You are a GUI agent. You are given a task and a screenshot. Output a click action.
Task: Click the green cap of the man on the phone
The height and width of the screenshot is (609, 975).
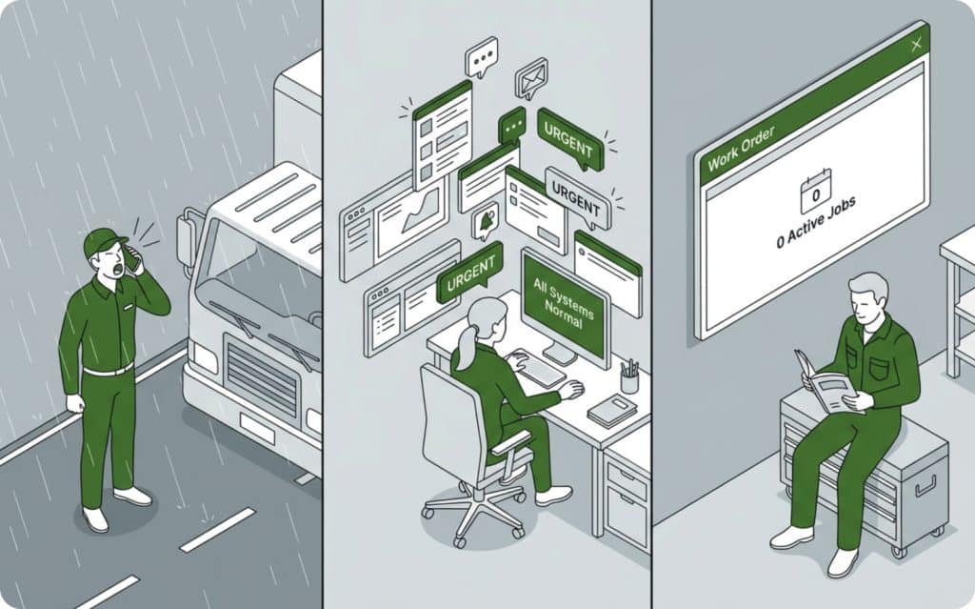click(x=104, y=243)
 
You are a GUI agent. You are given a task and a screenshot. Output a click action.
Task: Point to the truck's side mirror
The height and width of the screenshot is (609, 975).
click(x=187, y=243)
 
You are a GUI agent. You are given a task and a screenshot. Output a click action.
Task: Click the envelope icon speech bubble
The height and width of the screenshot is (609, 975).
click(x=530, y=78)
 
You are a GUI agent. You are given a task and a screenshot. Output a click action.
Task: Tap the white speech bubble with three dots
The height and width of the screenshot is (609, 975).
click(x=481, y=56)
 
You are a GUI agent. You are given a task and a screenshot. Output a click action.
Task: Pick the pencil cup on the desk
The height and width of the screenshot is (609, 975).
click(x=628, y=378)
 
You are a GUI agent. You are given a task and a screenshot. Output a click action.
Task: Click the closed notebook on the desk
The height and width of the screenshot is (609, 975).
click(x=611, y=409)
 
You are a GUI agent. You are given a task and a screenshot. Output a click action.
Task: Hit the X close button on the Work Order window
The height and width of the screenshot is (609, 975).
click(x=916, y=45)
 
